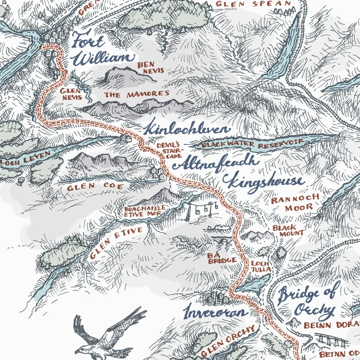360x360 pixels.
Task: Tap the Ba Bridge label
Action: [222, 258]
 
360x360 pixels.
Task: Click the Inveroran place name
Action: [215, 312]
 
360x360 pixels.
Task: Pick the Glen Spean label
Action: [253, 4]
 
